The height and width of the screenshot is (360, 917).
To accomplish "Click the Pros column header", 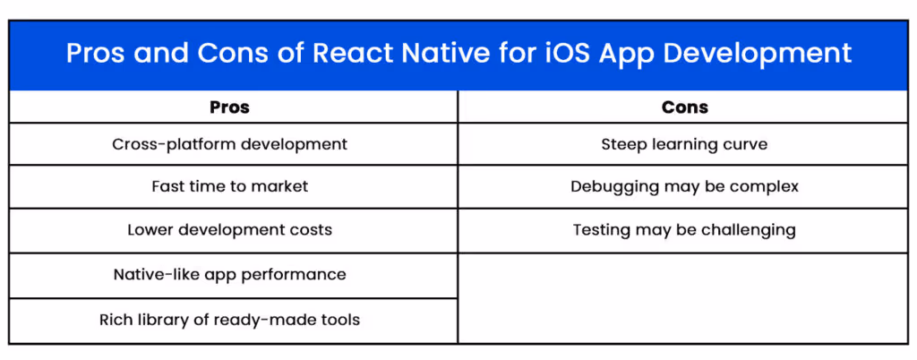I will [x=229, y=107].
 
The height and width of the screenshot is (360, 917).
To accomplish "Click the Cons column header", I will [x=684, y=107].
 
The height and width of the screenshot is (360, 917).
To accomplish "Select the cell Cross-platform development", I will [x=229, y=144].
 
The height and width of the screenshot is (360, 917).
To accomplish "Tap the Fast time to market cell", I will [x=229, y=187].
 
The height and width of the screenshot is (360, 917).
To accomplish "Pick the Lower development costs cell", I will [x=229, y=230].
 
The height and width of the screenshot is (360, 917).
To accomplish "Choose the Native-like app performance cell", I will [x=229, y=274].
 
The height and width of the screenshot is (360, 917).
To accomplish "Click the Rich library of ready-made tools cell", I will [x=229, y=320].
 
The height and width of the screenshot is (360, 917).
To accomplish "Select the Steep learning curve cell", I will [x=684, y=144].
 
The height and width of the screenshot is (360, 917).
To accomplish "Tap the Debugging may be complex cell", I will [x=684, y=187].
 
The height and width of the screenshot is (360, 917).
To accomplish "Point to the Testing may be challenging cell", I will [x=684, y=230].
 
